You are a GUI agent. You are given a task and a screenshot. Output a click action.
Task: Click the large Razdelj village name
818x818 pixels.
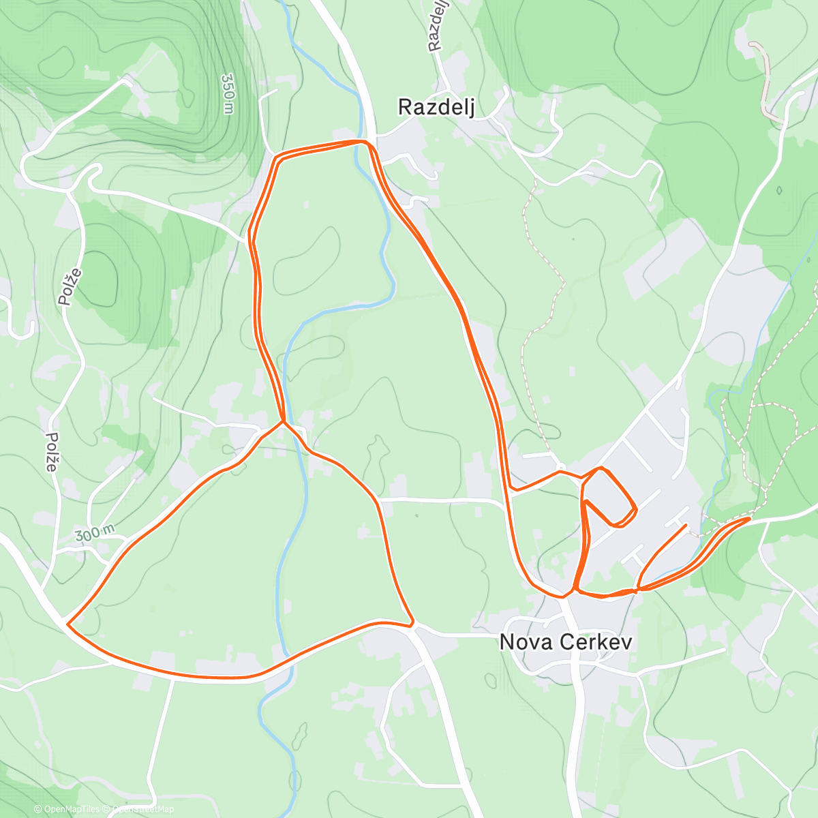[436, 107]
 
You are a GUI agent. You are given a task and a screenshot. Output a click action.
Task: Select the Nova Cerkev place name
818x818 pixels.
[566, 642]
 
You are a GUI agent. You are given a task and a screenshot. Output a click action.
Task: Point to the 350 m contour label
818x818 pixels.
[228, 94]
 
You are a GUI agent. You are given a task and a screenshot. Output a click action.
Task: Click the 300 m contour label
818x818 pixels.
[95, 534]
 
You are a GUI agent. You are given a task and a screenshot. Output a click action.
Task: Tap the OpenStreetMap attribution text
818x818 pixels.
[142, 809]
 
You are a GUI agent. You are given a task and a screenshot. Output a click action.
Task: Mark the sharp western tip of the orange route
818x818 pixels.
[67, 622]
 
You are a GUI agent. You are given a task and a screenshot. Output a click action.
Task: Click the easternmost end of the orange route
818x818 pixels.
[749, 519]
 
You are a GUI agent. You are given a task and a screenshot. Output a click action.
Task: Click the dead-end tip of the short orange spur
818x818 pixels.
[686, 525]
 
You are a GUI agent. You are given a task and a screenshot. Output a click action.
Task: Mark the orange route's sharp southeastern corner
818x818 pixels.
[412, 623]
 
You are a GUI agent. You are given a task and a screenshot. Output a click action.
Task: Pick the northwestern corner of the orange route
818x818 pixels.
[276, 158]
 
